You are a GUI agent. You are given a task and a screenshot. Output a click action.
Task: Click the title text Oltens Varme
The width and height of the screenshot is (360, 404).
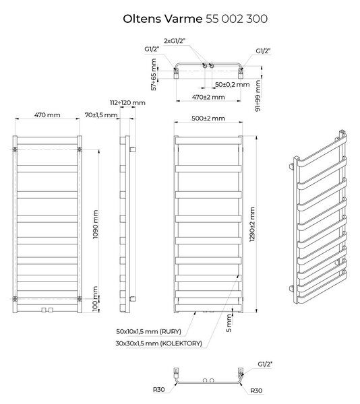click(162, 19)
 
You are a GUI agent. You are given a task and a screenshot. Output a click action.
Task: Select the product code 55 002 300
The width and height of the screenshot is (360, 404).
click(237, 19)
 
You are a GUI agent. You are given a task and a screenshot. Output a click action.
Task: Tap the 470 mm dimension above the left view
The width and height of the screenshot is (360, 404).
click(47, 115)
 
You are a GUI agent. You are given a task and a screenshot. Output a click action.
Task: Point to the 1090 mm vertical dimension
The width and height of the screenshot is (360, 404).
click(96, 224)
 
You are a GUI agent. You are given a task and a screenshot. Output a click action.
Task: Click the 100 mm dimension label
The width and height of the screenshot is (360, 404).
click(96, 298)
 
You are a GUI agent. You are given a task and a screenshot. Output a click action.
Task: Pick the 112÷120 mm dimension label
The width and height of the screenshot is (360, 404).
click(127, 103)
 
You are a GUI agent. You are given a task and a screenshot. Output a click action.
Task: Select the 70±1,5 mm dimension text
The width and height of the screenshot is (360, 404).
click(101, 115)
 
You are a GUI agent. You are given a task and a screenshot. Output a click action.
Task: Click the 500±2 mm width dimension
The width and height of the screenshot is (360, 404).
click(208, 119)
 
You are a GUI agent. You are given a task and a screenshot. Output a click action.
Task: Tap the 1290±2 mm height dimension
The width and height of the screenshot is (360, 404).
click(252, 224)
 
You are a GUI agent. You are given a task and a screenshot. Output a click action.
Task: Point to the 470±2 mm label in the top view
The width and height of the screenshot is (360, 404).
click(208, 97)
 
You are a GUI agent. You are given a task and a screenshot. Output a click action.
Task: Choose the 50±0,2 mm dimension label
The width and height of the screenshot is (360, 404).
click(233, 85)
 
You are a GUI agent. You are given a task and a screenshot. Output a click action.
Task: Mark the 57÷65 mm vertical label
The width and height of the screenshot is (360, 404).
click(154, 75)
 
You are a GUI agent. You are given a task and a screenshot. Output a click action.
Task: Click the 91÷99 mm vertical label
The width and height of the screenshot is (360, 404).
click(258, 96)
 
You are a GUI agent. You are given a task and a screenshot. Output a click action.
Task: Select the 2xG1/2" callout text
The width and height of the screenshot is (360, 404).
click(175, 40)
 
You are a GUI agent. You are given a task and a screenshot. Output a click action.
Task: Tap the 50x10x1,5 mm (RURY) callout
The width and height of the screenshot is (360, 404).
click(149, 331)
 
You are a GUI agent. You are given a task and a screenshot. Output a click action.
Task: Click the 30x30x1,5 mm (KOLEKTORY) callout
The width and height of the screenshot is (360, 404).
click(159, 343)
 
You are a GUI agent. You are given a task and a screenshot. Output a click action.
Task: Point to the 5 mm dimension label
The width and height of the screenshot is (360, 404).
click(229, 323)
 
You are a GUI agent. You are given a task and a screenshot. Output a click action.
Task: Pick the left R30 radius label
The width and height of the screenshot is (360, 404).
click(159, 389)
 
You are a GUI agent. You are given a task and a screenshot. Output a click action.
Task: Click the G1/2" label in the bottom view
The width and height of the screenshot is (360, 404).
click(265, 364)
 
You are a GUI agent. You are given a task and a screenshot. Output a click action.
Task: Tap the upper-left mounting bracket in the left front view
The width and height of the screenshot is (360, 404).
click(15, 149)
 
